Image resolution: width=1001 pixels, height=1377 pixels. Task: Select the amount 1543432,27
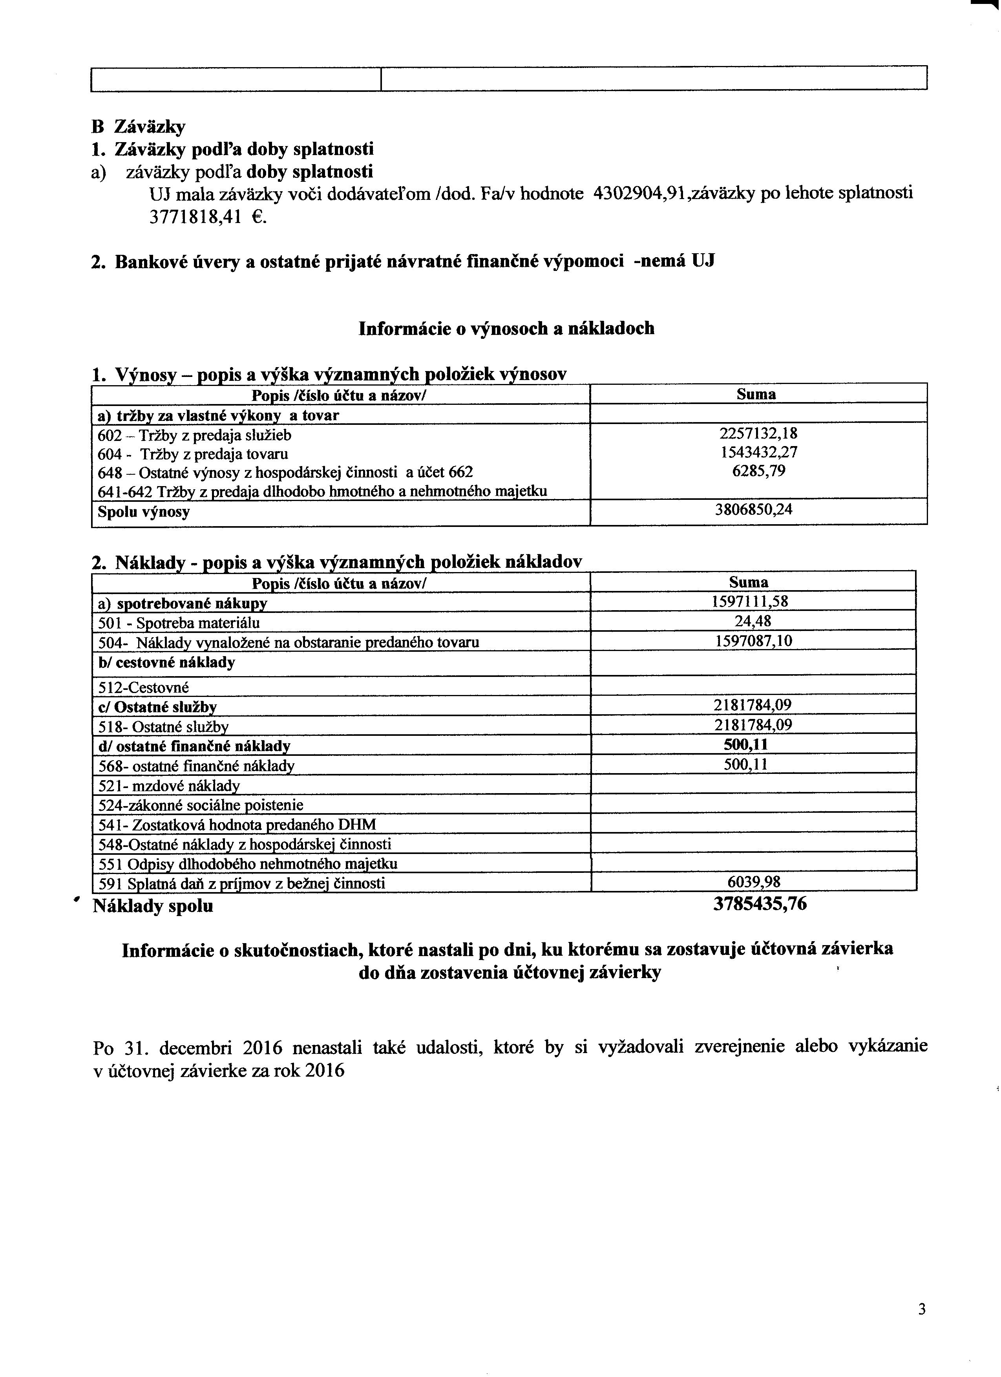[x=758, y=452]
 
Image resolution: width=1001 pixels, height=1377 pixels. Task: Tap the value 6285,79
[x=758, y=471]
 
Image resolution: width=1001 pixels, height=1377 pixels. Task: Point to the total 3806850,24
[x=754, y=509]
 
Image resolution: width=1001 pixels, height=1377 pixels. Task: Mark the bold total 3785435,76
[x=760, y=904]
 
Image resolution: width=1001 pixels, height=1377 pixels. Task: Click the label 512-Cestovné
[x=144, y=688]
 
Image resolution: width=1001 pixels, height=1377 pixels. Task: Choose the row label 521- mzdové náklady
[x=169, y=786]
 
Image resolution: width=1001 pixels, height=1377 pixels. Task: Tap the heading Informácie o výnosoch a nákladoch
[x=506, y=329]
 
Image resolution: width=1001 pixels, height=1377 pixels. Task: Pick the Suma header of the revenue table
[x=756, y=395]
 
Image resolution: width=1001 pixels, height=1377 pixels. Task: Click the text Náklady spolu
[x=153, y=907]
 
